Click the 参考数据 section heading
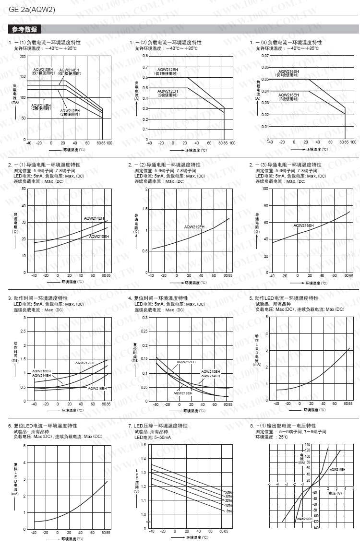tap(24, 30)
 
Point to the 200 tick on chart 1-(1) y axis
tap(23, 56)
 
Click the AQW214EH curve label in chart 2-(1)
tap(94, 218)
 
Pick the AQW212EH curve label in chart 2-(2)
tap(194, 226)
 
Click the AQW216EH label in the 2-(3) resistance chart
tap(303, 225)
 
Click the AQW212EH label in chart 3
tap(84, 363)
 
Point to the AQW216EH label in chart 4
tap(183, 393)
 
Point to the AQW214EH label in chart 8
tap(337, 469)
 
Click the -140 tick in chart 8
tap(315, 528)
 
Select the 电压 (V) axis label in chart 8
tap(335, 493)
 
